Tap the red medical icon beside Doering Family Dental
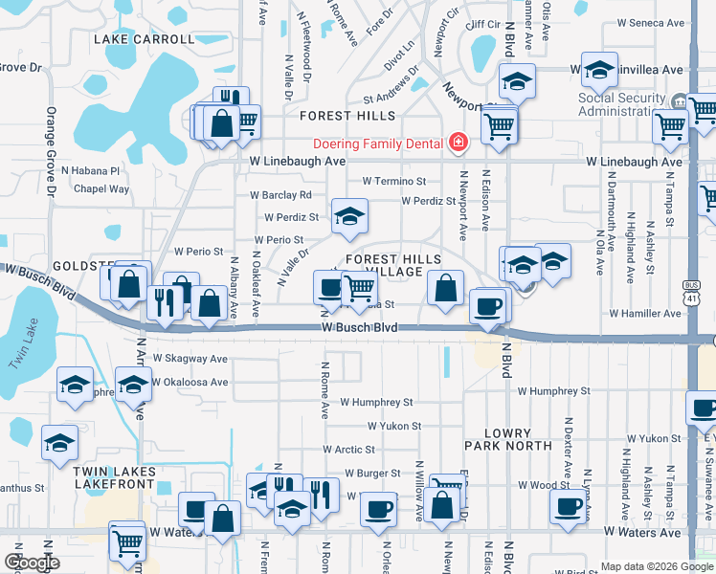tap(458, 143)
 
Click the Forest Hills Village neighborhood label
tap(393, 266)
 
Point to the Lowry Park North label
tap(507, 439)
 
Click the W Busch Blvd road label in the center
tap(359, 327)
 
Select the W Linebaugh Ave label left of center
tap(297, 162)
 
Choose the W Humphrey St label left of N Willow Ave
tap(375, 403)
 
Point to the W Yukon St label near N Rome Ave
tap(393, 426)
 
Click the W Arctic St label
tap(348, 449)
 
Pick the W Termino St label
tap(393, 181)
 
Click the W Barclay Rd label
tap(280, 194)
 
